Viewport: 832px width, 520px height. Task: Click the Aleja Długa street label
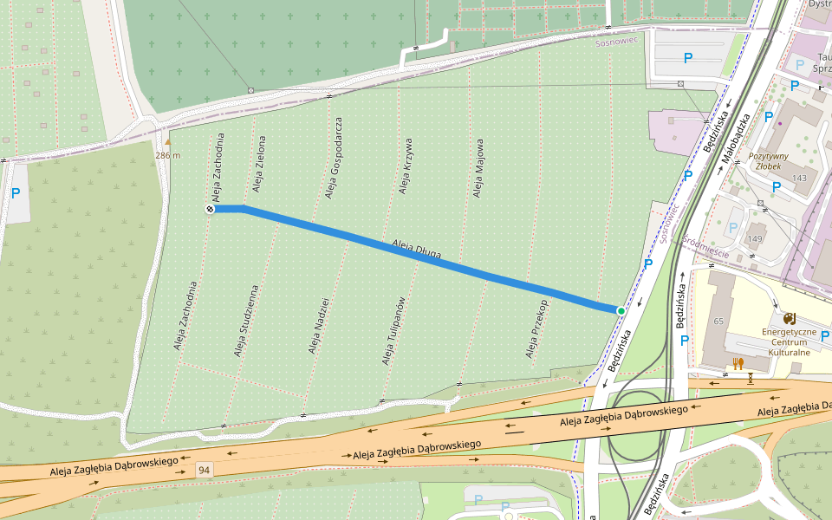pyautogui.click(x=417, y=250)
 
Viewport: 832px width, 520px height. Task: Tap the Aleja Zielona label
pyautogui.click(x=259, y=162)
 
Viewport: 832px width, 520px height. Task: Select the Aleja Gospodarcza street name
pyautogui.click(x=334, y=158)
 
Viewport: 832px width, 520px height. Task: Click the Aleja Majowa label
pyautogui.click(x=478, y=167)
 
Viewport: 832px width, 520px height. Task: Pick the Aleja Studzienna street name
pyautogui.click(x=246, y=321)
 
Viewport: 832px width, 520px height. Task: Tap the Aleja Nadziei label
pyautogui.click(x=319, y=325)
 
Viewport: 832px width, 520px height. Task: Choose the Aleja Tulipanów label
pyautogui.click(x=393, y=330)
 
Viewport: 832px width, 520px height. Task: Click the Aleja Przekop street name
pyautogui.click(x=537, y=329)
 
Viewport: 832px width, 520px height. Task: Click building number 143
pyautogui.click(x=798, y=178)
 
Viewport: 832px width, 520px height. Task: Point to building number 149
pyautogui.click(x=755, y=239)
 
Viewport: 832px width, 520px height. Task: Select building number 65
pyautogui.click(x=718, y=322)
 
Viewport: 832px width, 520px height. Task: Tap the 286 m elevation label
pyautogui.click(x=168, y=155)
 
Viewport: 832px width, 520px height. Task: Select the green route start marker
pyautogui.click(x=621, y=310)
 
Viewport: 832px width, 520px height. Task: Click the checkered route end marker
pyautogui.click(x=210, y=209)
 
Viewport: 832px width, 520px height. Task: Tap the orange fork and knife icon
pyautogui.click(x=738, y=364)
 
